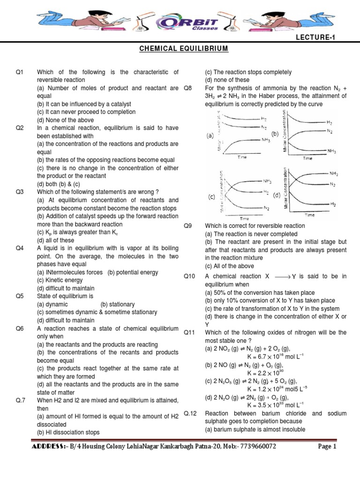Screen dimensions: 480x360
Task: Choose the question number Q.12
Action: (189, 413)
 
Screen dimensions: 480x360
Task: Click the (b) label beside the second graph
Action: (275, 134)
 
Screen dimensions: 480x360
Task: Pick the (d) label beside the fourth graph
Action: (277, 195)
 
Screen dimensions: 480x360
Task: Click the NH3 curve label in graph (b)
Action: (331, 151)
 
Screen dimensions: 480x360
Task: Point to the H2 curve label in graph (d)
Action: (333, 205)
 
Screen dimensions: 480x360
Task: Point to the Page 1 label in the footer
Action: (327, 447)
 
